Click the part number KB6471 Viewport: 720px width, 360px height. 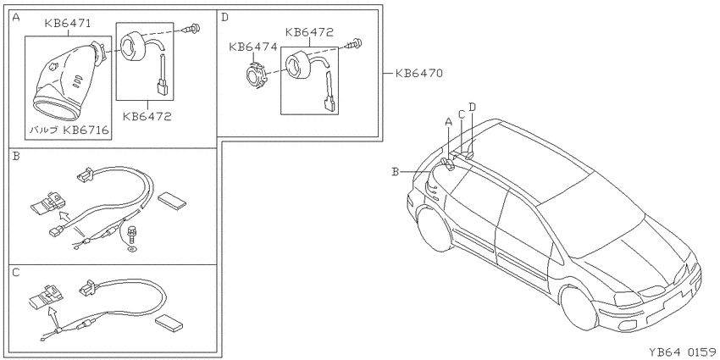(68, 24)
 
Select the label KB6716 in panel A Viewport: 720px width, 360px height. (86, 130)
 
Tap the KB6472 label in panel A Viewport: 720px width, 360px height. (147, 116)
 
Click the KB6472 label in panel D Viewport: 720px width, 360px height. (309, 32)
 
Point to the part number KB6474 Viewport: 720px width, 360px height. (252, 47)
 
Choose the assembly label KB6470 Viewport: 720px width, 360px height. (418, 73)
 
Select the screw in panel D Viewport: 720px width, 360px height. (355, 44)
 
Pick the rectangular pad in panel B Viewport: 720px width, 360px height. (172, 199)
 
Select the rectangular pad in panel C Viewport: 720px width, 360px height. (169, 323)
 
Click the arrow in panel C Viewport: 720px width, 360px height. (53, 318)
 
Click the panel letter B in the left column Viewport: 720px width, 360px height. (16, 157)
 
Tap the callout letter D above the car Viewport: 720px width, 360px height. (472, 108)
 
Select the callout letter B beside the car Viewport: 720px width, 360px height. (395, 172)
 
